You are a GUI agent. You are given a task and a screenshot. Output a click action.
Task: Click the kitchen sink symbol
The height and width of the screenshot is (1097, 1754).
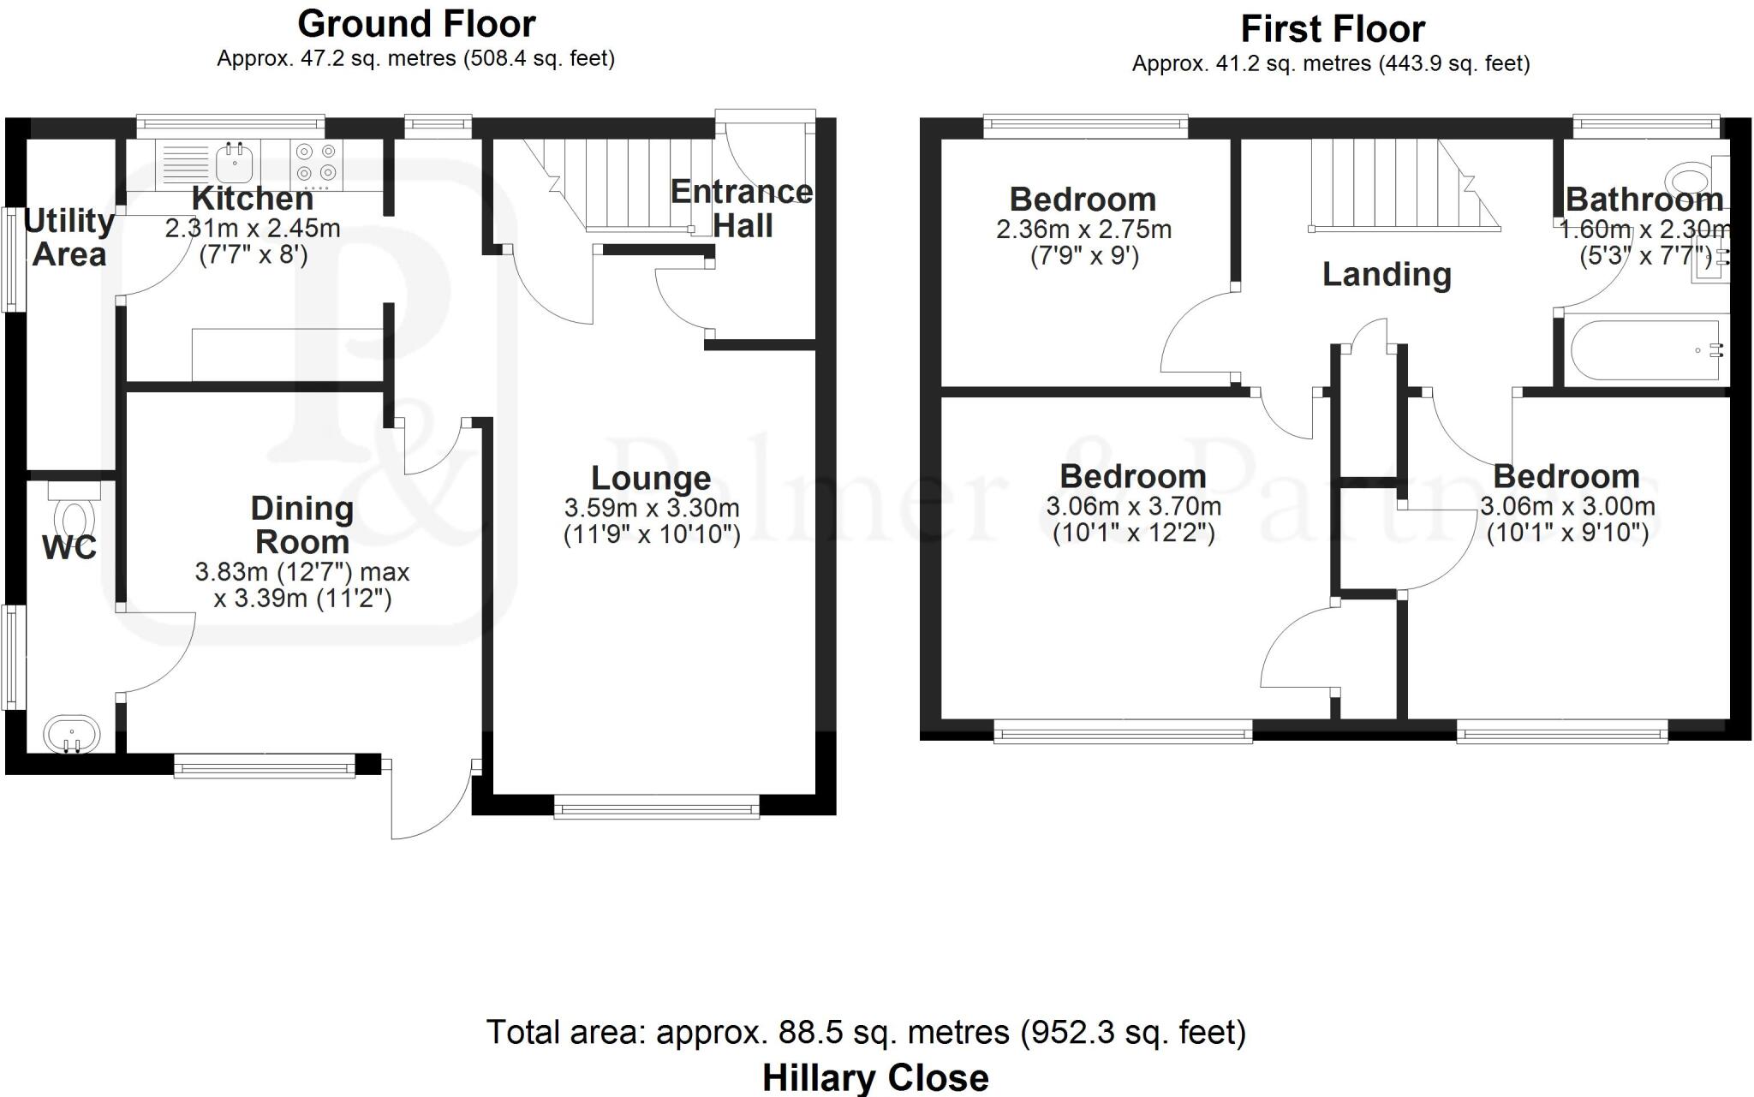tap(233, 160)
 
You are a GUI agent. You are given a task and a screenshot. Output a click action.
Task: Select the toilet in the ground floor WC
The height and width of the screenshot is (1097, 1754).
tap(74, 514)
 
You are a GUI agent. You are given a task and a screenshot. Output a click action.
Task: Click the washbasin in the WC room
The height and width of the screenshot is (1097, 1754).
tap(72, 735)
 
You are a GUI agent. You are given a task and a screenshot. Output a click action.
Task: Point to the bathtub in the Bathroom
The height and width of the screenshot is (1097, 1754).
tap(1644, 350)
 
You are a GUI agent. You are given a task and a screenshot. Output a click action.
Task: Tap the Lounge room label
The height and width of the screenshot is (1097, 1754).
tap(651, 478)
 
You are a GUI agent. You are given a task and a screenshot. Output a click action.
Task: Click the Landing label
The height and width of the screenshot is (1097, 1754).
tap(1387, 275)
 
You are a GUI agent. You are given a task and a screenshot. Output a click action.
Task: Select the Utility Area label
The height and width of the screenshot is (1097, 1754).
tap(69, 238)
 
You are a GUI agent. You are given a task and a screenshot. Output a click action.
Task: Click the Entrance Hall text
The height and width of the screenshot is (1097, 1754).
tap(742, 209)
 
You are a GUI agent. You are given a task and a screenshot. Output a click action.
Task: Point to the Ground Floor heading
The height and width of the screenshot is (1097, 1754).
tap(416, 24)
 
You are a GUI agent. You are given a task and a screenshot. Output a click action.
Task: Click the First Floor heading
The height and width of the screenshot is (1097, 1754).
tap(1332, 29)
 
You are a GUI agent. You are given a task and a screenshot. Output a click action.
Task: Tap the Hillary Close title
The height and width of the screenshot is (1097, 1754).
tap(875, 1077)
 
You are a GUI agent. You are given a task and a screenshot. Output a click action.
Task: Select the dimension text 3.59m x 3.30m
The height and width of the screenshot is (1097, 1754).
tap(652, 508)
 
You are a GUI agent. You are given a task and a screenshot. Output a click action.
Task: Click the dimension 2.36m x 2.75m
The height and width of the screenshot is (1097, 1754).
tap(1083, 230)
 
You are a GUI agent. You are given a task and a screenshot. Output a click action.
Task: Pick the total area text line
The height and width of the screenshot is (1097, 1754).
tap(866, 1032)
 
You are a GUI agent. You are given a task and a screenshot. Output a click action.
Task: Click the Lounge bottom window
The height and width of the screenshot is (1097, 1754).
tap(656, 806)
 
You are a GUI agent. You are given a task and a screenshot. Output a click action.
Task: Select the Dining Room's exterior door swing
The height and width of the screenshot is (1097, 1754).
tap(428, 801)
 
